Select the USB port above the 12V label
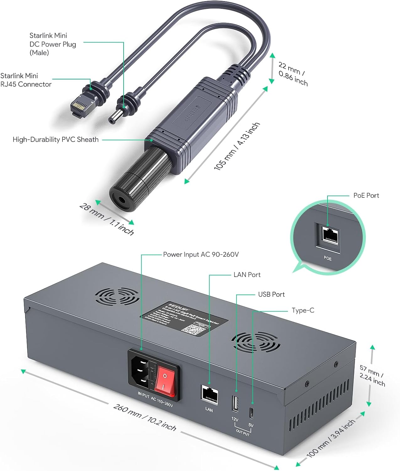coord(235,404)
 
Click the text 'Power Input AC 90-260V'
coord(201,254)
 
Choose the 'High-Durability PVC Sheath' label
coord(56,139)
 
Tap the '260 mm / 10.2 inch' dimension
coord(145,417)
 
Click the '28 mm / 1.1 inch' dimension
coord(107,219)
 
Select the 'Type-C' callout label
coord(303,310)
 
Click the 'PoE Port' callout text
coord(366,195)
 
